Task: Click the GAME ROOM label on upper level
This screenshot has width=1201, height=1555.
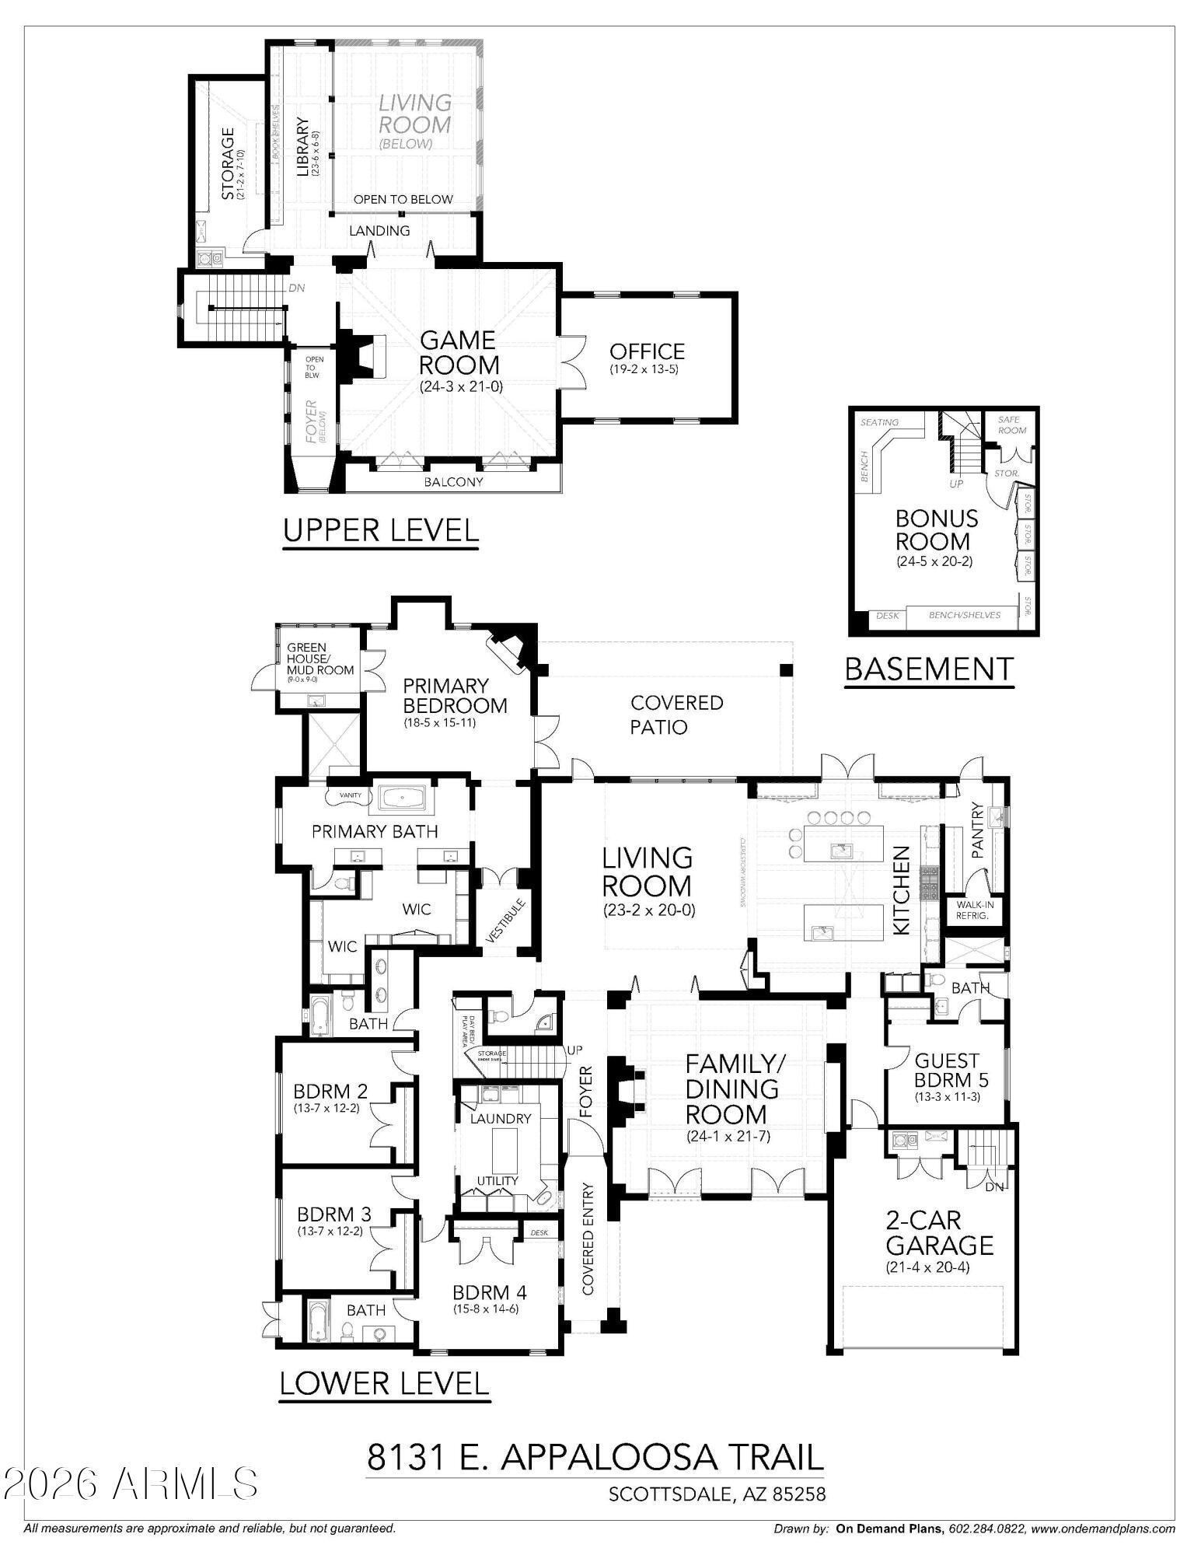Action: pos(459,352)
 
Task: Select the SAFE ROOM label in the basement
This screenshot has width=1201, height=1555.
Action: pos(1012,425)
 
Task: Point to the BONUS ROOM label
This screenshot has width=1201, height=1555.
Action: pos(936,529)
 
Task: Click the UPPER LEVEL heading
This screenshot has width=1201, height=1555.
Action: pos(380,530)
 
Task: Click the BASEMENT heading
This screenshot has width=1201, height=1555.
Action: pos(929,669)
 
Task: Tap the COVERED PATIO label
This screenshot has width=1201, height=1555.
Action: pos(676,715)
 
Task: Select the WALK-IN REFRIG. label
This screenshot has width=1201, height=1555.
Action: pos(972,910)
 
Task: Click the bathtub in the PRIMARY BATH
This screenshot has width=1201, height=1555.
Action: pos(402,797)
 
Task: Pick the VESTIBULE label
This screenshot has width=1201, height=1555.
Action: pos(506,921)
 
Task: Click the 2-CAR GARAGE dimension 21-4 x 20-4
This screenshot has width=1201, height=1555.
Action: pos(939,1267)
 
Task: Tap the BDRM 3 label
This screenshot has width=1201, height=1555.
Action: pos(334,1214)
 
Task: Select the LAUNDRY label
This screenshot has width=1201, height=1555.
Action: pos(501,1118)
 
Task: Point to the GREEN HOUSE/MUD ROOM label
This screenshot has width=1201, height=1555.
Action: pos(319,659)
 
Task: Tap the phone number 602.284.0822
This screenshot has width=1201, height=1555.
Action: pos(983,1529)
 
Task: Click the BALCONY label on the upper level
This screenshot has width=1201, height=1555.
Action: pos(453,482)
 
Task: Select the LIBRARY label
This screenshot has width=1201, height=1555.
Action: pos(303,147)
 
